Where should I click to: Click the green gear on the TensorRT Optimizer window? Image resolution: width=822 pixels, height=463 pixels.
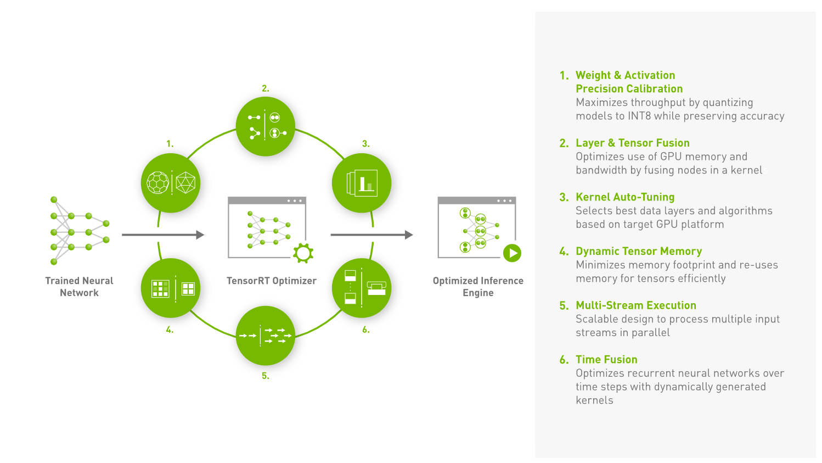pyautogui.click(x=303, y=253)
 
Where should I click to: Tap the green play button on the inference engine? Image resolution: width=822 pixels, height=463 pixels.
pyautogui.click(x=513, y=253)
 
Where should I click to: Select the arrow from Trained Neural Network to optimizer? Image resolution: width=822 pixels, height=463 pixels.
pyautogui.click(x=163, y=235)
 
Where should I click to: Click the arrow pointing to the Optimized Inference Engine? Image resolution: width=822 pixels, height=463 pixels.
pyautogui.click(x=371, y=235)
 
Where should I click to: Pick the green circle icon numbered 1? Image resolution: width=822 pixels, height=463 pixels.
pyautogui.click(x=171, y=183)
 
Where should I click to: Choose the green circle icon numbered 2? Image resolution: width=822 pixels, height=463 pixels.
pyautogui.click(x=266, y=126)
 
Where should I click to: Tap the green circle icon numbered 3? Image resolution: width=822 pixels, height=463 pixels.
pyautogui.click(x=362, y=183)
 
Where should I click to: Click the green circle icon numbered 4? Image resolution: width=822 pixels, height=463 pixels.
pyautogui.click(x=171, y=288)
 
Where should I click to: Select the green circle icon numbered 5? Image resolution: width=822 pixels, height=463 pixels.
pyautogui.click(x=266, y=336)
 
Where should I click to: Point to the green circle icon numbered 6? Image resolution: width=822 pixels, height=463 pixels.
pyautogui.click(x=362, y=288)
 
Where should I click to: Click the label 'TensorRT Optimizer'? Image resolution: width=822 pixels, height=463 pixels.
pyautogui.click(x=272, y=281)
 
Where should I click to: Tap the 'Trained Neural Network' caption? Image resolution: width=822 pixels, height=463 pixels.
pyautogui.click(x=79, y=287)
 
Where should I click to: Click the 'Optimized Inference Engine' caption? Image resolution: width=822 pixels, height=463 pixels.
pyautogui.click(x=478, y=287)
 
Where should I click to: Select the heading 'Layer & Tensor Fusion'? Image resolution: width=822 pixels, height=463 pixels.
pyautogui.click(x=633, y=143)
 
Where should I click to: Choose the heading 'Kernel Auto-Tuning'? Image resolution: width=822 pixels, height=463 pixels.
pyautogui.click(x=625, y=197)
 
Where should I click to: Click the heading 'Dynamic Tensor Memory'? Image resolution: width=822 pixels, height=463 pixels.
pyautogui.click(x=639, y=251)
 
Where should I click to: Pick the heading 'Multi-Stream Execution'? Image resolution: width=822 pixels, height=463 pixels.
pyautogui.click(x=636, y=305)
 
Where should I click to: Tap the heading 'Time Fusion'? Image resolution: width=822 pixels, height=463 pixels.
pyautogui.click(x=606, y=359)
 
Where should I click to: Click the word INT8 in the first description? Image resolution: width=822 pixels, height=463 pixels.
pyautogui.click(x=639, y=116)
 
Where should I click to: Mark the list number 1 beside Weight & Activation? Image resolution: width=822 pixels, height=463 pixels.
pyautogui.click(x=564, y=76)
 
